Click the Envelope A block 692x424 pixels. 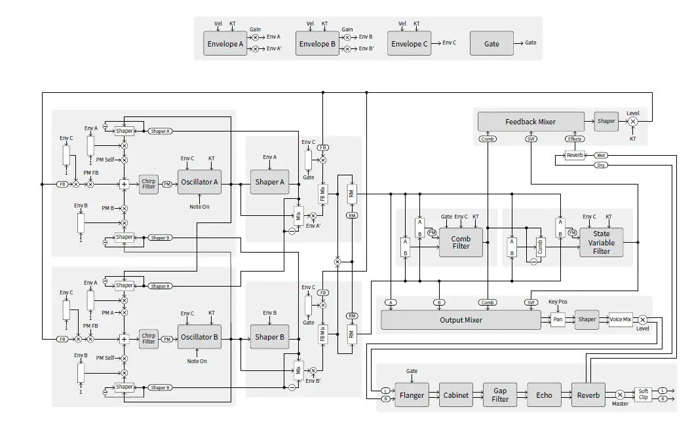tap(225, 44)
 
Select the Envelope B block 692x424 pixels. tap(317, 44)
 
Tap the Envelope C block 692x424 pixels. tap(410, 44)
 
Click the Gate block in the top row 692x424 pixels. tap(491, 44)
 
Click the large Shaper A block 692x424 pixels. tap(270, 182)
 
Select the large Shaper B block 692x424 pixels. tap(270, 338)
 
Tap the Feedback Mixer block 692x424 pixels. tap(530, 122)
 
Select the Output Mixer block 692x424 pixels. tap(460, 320)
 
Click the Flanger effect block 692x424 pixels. tap(412, 395)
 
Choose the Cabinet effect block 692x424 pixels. tap(455, 395)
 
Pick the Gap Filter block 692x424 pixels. tap(500, 395)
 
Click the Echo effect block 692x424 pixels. tap(544, 395)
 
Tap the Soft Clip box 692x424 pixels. tap(643, 395)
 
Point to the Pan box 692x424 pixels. tap(558, 320)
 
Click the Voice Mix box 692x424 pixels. tap(620, 320)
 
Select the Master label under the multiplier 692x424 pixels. tap(620, 404)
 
